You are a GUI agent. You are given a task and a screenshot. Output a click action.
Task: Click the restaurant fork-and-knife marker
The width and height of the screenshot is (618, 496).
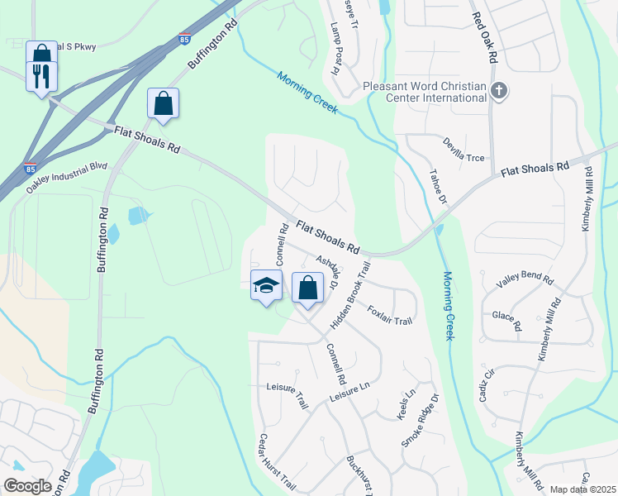(41, 77)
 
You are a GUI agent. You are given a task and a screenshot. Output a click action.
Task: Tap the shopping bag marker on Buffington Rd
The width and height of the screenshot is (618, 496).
(163, 104)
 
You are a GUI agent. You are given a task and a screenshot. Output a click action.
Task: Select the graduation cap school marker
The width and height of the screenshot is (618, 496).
(266, 286)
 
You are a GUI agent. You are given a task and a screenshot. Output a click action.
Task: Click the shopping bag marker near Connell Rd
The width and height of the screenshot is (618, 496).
(307, 289)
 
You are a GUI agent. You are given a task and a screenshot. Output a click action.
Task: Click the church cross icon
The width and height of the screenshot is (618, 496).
(497, 91)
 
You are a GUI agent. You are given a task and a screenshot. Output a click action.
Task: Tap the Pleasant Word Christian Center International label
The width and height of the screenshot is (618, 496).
(425, 91)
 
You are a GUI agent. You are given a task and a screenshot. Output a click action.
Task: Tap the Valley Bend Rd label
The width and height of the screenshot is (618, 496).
(524, 279)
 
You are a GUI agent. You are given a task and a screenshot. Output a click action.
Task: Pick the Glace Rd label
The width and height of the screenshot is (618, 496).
(506, 321)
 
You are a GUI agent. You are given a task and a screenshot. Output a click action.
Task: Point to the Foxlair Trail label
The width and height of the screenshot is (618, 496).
(389, 315)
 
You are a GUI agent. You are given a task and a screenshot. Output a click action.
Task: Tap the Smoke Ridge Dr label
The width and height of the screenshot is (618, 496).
(417, 426)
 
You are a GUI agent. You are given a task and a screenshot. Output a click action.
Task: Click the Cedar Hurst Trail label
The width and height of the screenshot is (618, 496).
(277, 461)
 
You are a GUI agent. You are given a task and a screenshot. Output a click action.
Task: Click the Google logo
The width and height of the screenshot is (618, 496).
(27, 486)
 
